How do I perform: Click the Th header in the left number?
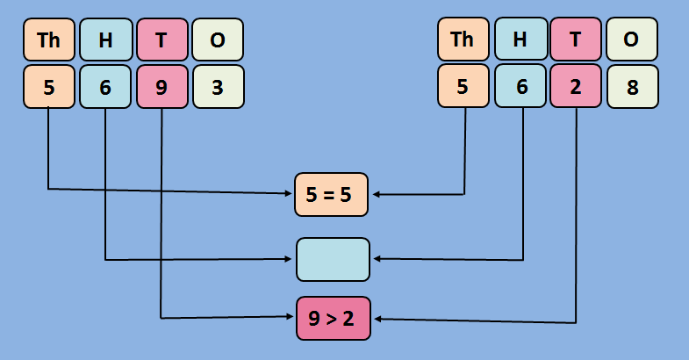(49, 40)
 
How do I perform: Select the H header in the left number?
(105, 40)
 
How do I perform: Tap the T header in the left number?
(162, 40)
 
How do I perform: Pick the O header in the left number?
(218, 40)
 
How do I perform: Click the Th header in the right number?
(463, 40)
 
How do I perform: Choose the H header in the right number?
(520, 40)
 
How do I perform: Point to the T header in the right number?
(576, 40)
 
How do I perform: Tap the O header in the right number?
(632, 40)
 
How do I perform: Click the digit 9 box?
(162, 87)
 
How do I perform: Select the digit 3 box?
(218, 87)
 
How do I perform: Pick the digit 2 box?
(576, 87)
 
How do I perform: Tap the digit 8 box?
(632, 87)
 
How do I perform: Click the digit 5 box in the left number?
(49, 87)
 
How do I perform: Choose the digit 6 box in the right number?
(520, 87)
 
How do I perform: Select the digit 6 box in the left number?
(105, 87)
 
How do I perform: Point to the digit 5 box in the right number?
(463, 87)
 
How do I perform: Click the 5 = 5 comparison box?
(332, 195)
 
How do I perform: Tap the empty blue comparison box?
(333, 259)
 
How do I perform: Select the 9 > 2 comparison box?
(333, 318)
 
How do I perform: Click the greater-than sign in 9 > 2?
(332, 318)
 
